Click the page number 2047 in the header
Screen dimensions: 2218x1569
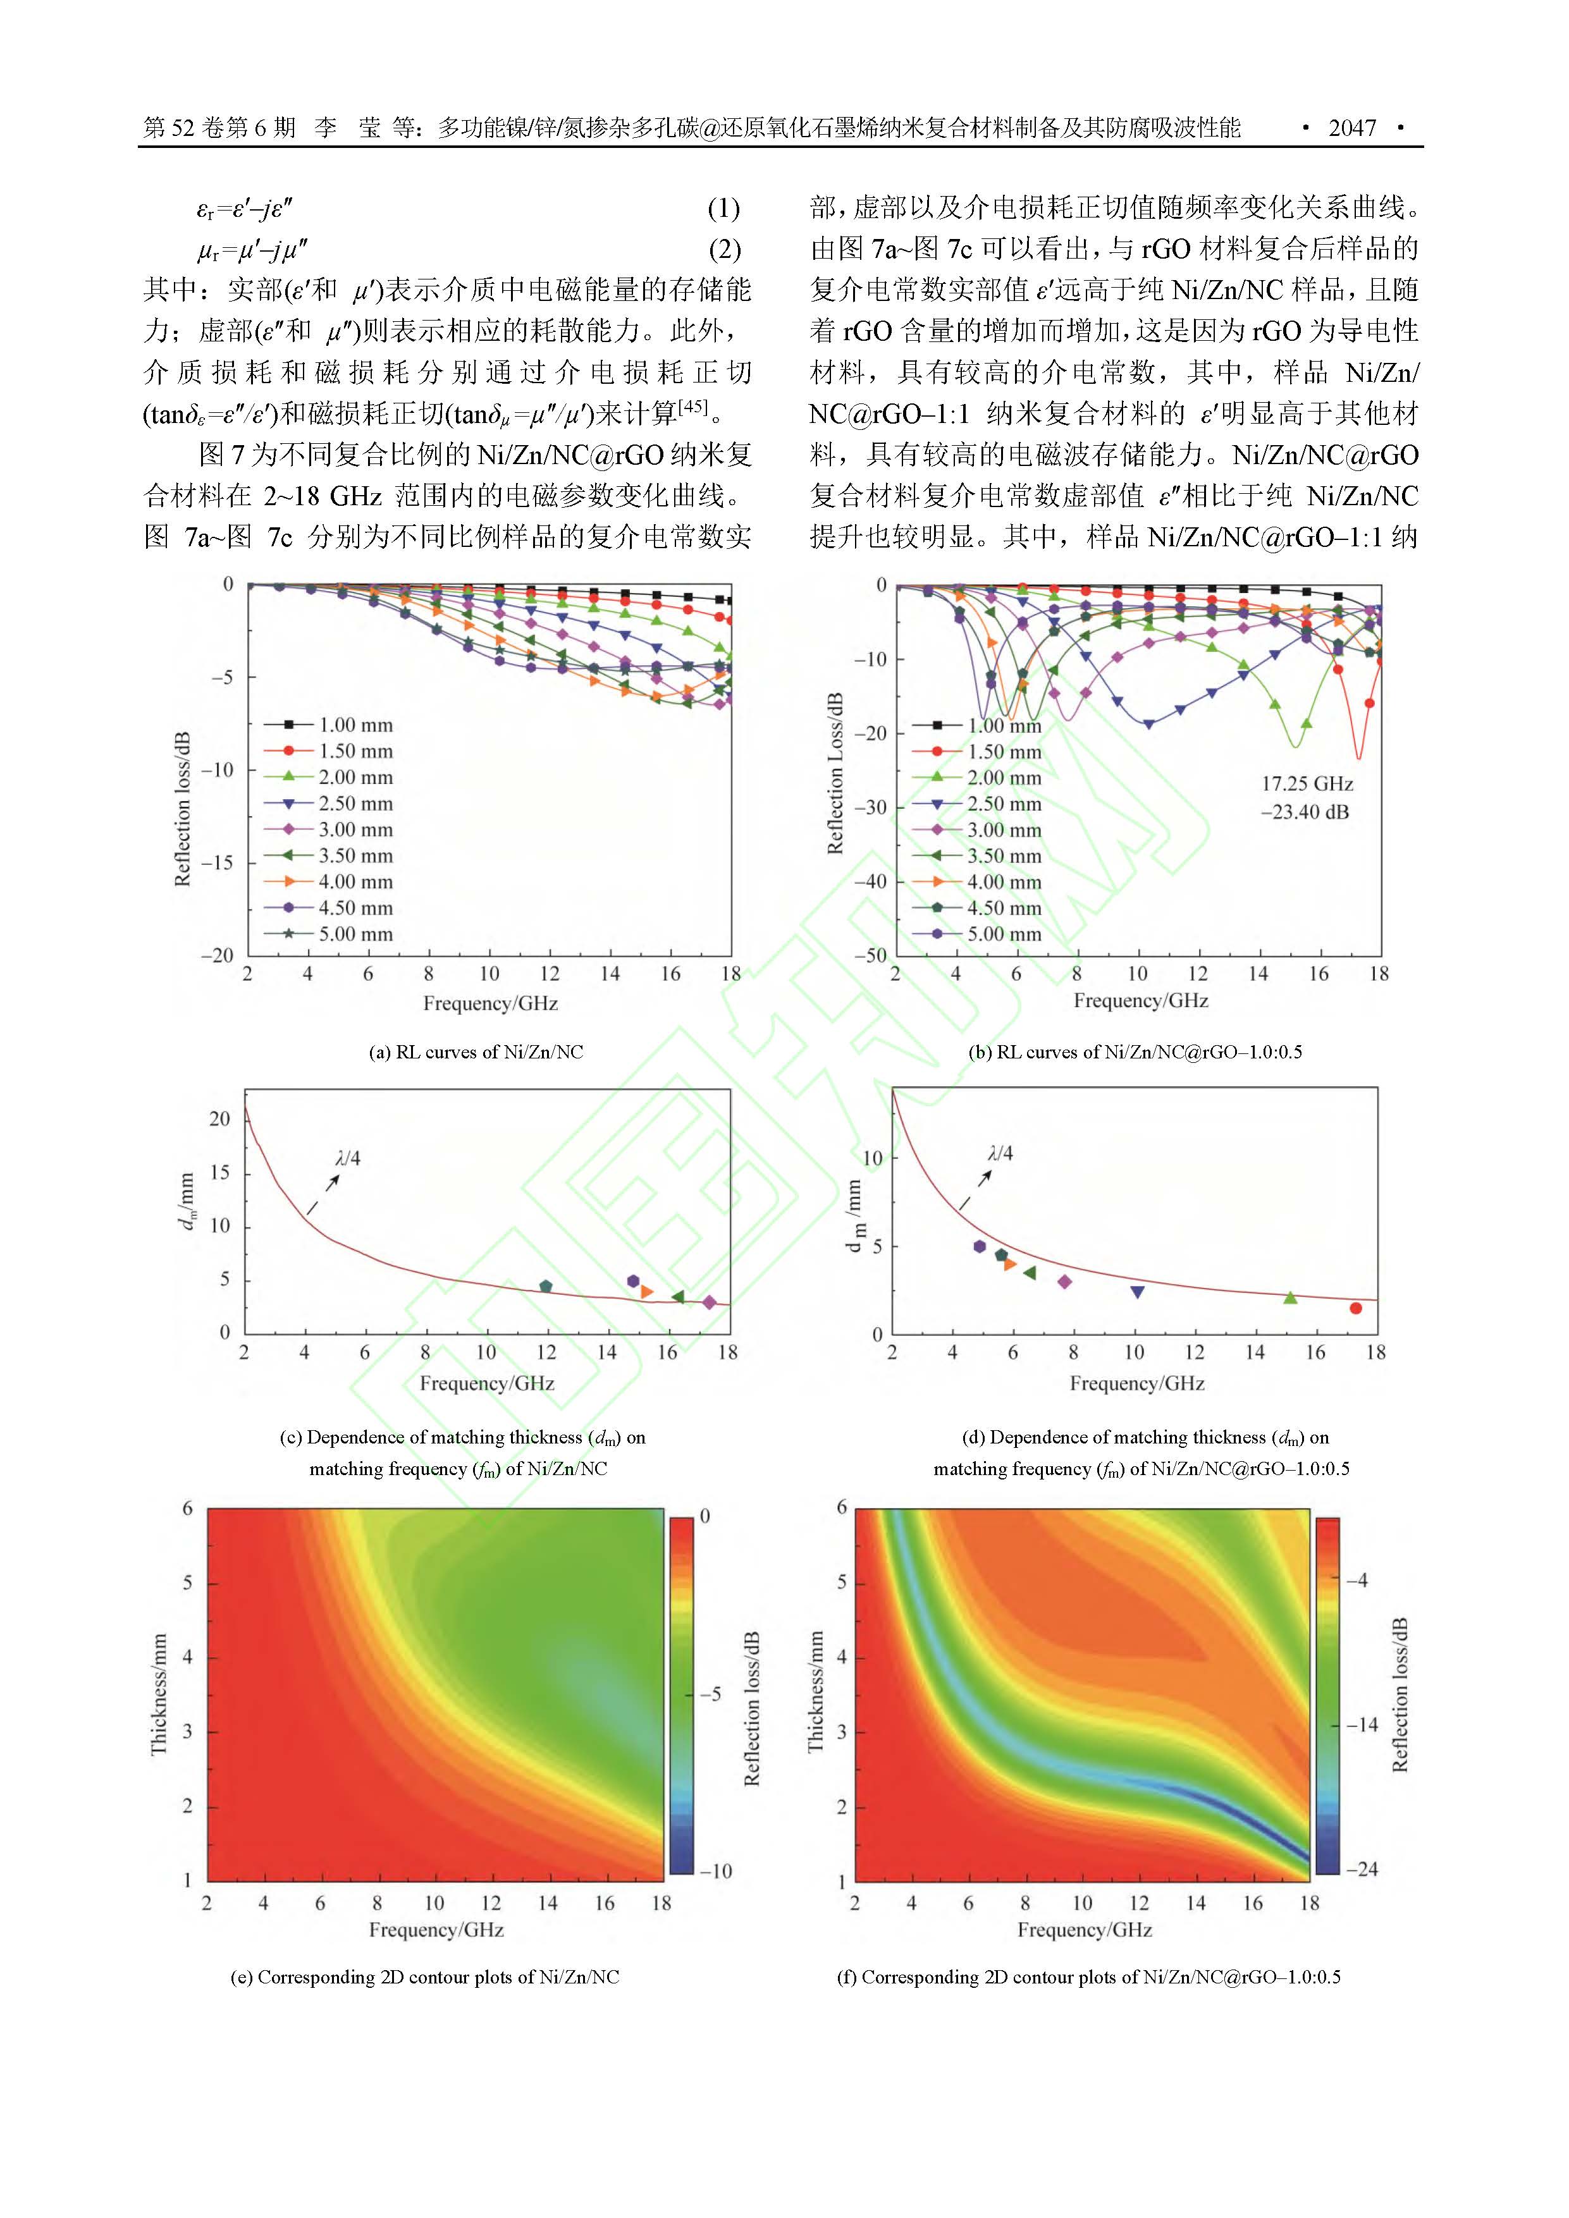tap(1351, 128)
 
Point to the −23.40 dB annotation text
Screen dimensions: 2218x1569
tap(1304, 811)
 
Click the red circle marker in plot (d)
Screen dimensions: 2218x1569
tap(1355, 1308)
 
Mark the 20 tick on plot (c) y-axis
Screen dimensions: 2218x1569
tap(219, 1118)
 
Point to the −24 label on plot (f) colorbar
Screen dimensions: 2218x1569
tap(1362, 1868)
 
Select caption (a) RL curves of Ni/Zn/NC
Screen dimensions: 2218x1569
tap(476, 1052)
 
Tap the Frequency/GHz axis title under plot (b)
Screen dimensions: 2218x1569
tap(1140, 1001)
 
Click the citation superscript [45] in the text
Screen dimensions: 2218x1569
tap(692, 407)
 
